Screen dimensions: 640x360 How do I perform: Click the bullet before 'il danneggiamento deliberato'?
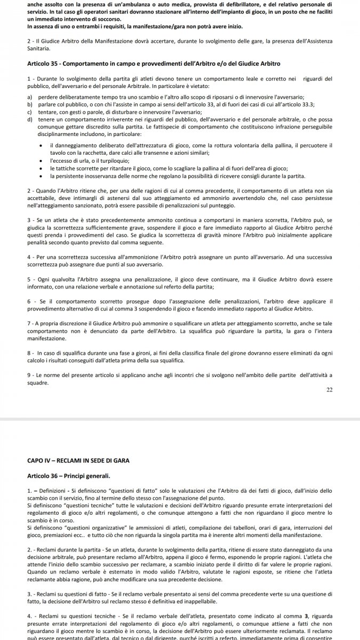pos(42,146)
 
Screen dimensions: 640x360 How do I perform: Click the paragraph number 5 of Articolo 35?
pos(28,279)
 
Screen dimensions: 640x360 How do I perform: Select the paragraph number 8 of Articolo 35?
pos(28,354)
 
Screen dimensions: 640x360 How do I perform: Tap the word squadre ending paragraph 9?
pos(37,383)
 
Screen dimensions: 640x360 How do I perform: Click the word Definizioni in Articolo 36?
pos(54,490)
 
